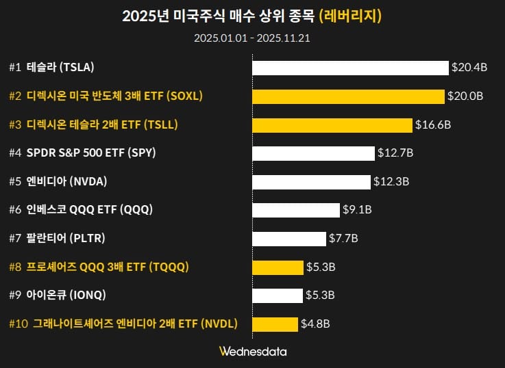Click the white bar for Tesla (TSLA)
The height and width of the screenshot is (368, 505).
[x=350, y=68]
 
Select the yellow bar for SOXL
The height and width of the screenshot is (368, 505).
[x=348, y=96]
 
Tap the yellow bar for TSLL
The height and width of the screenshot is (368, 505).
[x=332, y=124]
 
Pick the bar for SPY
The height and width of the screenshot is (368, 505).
[x=313, y=153]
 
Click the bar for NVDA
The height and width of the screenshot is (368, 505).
[x=311, y=181]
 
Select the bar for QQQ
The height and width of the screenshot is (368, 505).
[x=296, y=209]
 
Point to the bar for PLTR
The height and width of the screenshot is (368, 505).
[x=288, y=238]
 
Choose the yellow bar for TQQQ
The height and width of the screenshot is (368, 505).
[x=278, y=267]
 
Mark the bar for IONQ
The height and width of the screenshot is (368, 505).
[x=278, y=295]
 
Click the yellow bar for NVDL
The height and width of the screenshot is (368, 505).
[x=275, y=324]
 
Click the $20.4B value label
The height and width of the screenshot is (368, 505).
[x=469, y=68]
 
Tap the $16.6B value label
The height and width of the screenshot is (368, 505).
[x=433, y=124]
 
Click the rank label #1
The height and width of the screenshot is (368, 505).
[x=15, y=68]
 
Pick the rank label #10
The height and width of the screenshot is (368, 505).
[x=18, y=324]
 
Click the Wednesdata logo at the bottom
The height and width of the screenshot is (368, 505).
[x=253, y=352]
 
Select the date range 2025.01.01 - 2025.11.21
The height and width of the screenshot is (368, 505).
[x=252, y=38]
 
